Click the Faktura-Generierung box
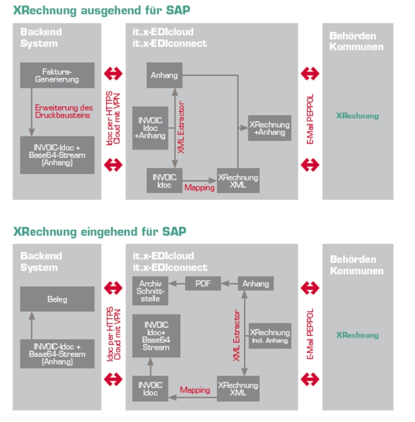(57, 75)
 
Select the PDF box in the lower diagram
(203, 283)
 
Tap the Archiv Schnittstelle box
(150, 291)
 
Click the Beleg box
(57, 299)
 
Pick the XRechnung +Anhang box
(269, 128)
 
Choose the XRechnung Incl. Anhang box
(269, 336)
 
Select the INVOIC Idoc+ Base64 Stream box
(156, 336)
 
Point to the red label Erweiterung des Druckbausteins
(64, 111)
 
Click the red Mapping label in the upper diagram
(199, 188)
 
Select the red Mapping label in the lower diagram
(195, 390)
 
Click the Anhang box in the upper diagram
(164, 75)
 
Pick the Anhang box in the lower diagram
(255, 283)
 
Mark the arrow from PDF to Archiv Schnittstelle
(177, 283)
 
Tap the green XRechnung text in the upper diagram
(357, 116)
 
